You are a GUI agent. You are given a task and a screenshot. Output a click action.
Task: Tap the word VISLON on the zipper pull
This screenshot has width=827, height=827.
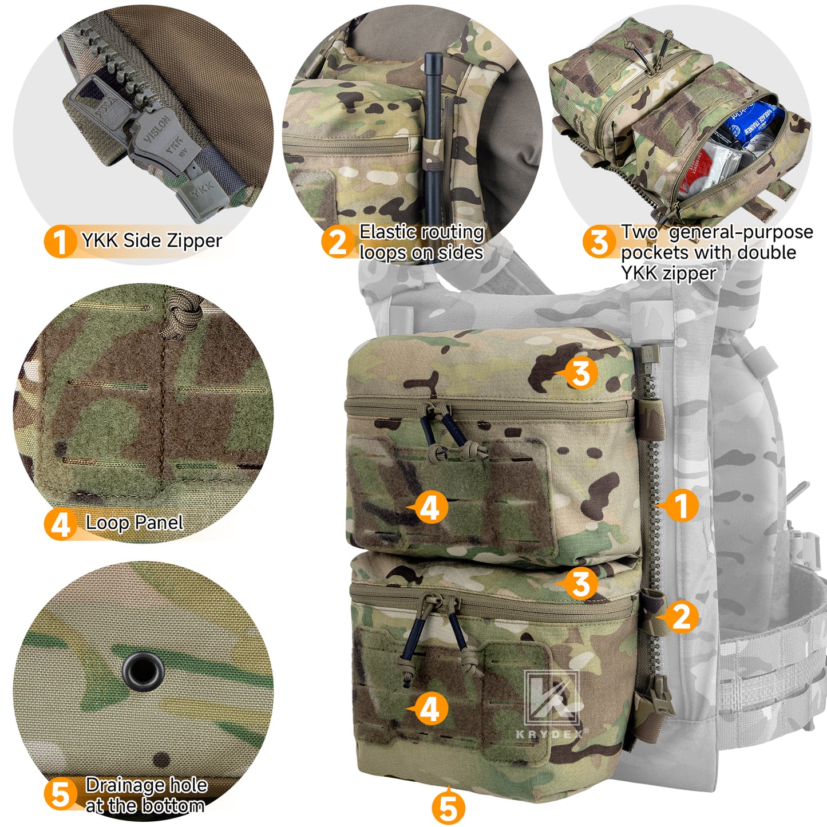156,130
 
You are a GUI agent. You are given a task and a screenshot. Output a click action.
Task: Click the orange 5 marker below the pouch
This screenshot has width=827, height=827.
448,808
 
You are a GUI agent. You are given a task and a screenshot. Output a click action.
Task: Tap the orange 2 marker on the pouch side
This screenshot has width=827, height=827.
680,617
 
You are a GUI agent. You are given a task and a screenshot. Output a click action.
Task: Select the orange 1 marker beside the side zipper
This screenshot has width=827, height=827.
680,505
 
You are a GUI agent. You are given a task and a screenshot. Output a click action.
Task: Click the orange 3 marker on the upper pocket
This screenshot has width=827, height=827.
581,373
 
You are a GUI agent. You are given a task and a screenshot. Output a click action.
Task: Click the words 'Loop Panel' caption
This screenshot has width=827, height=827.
134,523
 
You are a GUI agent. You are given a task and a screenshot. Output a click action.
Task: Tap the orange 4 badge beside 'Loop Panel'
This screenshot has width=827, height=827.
60,524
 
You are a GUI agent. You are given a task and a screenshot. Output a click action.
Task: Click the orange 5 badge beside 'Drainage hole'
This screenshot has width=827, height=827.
60,795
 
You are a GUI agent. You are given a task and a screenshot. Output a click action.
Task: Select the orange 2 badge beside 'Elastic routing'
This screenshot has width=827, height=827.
337,242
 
